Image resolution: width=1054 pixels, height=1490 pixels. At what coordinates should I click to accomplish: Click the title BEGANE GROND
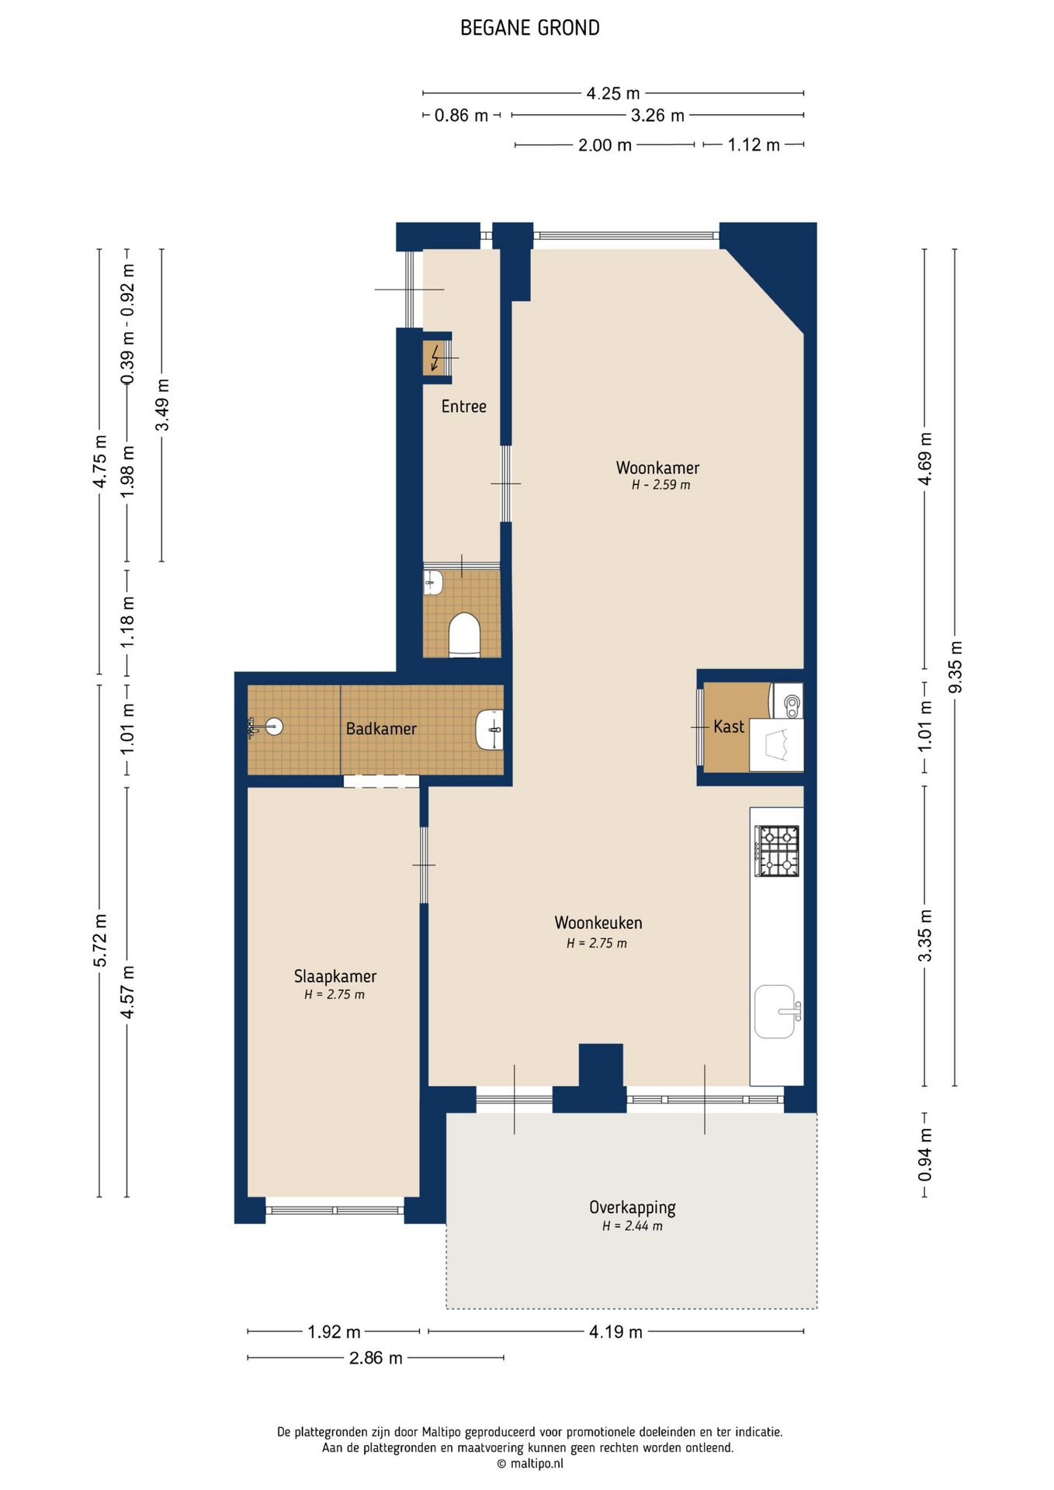click(530, 28)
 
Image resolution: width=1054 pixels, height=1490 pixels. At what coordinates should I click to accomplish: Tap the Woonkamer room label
click(657, 468)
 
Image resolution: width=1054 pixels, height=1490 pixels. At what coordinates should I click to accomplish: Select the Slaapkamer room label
click(335, 976)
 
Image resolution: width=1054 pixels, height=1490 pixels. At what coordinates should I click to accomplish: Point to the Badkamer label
click(381, 729)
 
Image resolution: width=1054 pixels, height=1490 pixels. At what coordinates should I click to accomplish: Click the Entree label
click(464, 406)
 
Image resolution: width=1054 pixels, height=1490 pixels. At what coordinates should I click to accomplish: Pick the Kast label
click(729, 726)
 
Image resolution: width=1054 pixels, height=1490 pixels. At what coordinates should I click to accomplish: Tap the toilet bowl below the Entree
click(464, 636)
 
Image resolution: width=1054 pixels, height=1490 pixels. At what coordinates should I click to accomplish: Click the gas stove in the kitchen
click(778, 851)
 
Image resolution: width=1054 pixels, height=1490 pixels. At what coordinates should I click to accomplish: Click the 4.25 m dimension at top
click(613, 93)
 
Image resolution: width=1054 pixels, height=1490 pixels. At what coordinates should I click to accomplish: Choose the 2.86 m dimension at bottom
click(376, 1357)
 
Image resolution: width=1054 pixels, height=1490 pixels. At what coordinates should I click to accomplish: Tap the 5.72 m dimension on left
click(99, 941)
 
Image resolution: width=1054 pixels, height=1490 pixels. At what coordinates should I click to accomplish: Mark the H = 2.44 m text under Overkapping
click(633, 1226)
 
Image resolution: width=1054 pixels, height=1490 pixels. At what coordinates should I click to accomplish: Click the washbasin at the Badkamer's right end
click(489, 729)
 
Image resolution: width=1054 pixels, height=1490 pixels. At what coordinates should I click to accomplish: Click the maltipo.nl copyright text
click(530, 1464)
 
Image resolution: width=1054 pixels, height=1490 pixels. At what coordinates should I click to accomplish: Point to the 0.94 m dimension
click(924, 1154)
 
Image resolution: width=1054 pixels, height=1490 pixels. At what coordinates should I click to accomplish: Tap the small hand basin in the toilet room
click(433, 582)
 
